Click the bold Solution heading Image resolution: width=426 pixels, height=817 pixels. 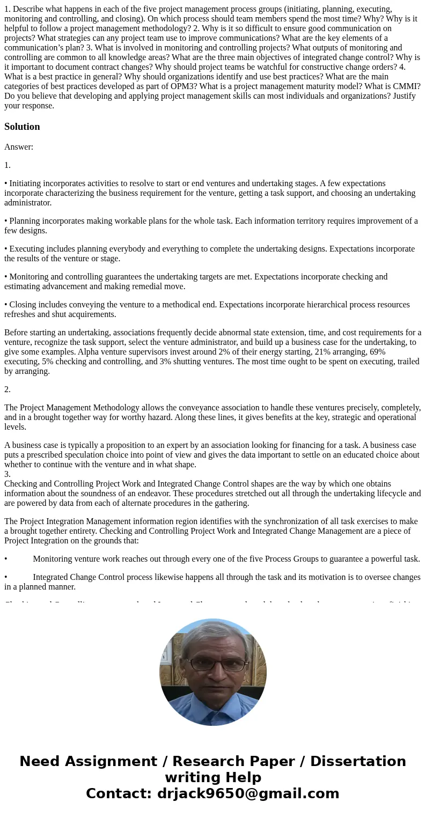[x=22, y=127]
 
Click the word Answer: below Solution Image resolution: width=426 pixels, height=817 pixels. [x=19, y=147]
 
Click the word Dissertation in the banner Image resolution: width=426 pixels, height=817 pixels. [x=358, y=762]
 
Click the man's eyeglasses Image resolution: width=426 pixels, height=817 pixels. [x=217, y=664]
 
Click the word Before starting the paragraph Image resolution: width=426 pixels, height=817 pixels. [x=16, y=333]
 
